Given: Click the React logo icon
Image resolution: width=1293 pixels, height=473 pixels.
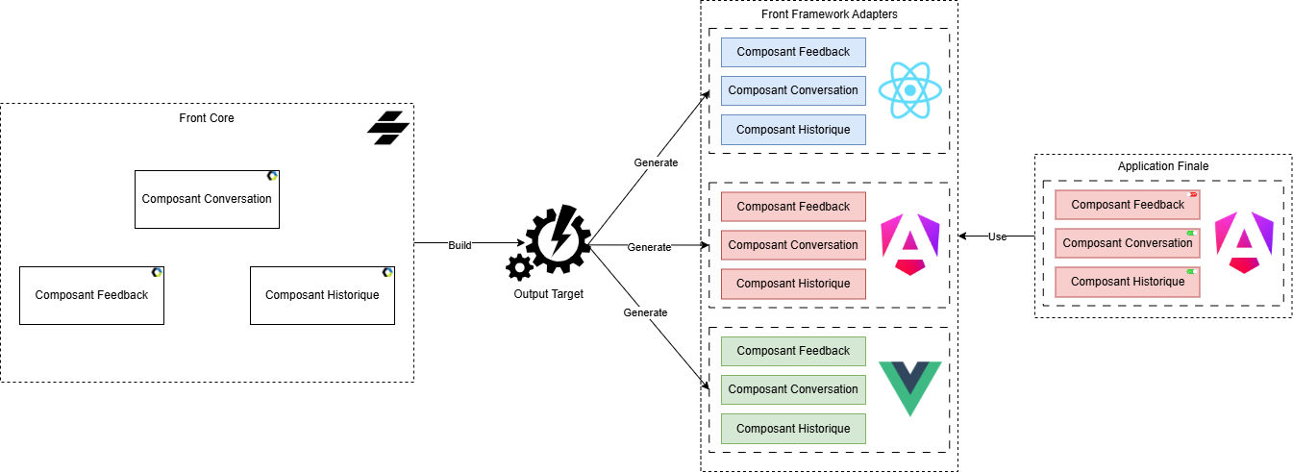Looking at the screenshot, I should point(908,90).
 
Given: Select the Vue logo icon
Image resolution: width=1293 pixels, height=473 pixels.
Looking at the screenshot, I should point(909,388).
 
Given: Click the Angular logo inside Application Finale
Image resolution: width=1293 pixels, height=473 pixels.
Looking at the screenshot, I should point(1243,244).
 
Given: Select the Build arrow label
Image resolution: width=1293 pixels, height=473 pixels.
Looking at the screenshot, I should point(460,245).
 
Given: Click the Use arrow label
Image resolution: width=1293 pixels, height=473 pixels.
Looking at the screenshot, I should point(997,236).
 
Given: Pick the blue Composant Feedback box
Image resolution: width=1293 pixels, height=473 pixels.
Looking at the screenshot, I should point(793,52).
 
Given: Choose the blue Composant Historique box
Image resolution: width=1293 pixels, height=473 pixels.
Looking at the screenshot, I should point(793,129).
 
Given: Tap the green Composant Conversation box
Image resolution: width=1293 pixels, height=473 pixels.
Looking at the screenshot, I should point(793,389).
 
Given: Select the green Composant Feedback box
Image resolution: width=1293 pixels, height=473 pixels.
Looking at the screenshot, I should point(793,351).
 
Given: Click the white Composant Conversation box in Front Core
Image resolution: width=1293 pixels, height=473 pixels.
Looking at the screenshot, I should point(207,199).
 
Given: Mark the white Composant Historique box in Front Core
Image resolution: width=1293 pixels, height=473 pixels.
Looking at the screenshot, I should point(322,295).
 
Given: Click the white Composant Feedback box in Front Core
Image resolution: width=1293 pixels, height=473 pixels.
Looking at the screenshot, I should point(91,295).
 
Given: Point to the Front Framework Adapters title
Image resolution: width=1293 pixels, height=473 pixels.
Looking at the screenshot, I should point(829,14).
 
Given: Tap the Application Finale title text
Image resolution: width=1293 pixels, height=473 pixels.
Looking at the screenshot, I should point(1162,166).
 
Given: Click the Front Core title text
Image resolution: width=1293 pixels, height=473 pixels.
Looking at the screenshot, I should point(207,118).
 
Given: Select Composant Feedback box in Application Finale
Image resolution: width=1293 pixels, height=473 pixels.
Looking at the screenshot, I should point(1127,205).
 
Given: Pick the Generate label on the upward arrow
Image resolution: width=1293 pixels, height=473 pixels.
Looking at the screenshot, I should point(656,162).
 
